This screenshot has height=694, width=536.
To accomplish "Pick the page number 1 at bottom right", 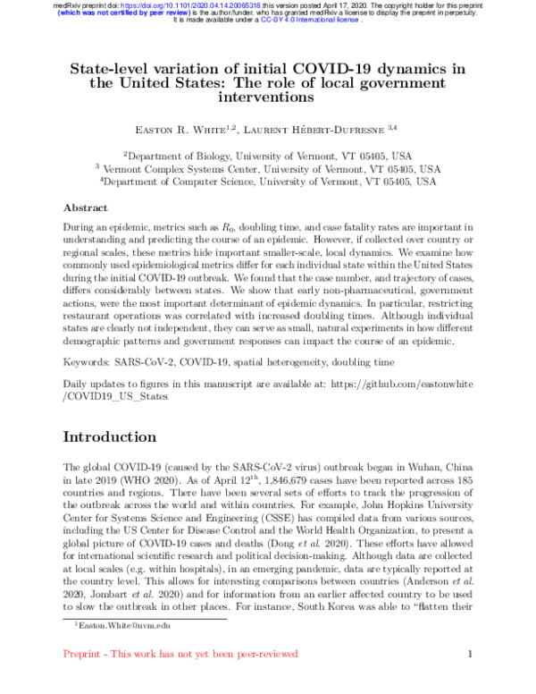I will point(469,655).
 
